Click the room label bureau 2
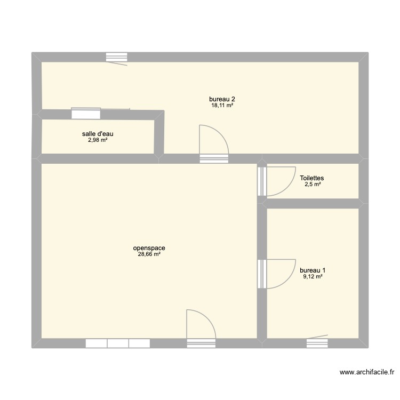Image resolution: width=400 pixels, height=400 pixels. point(222,99)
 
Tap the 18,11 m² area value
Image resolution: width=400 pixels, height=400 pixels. point(222,106)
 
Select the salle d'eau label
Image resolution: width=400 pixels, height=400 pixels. point(98,134)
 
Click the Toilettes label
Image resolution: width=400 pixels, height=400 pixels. point(312,178)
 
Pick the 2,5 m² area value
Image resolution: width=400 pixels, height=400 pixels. point(312,185)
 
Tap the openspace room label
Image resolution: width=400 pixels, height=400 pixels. point(149,248)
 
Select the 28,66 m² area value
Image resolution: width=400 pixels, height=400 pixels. point(149,254)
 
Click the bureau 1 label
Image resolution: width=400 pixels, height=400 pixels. point(313,270)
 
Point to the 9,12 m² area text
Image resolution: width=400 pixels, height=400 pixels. point(313,276)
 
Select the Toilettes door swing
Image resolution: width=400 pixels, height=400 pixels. point(278,181)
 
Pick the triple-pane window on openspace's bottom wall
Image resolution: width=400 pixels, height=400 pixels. point(117,343)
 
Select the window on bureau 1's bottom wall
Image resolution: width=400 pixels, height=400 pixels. point(317,343)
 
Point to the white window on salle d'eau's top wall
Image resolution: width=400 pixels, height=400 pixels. point(86,113)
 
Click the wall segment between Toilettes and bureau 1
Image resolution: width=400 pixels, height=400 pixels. point(312,203)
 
